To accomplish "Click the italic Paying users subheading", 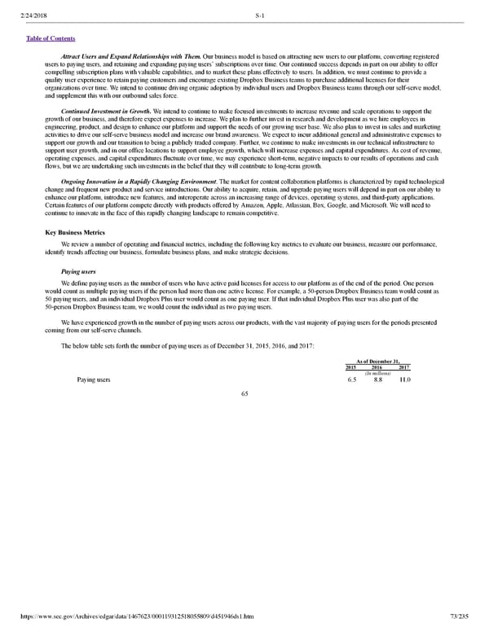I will [78, 271].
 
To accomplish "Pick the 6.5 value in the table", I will [351, 380].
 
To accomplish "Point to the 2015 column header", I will [351, 368].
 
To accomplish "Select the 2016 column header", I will [378, 368].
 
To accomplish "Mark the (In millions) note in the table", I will [378, 374].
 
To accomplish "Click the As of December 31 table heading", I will [378, 362].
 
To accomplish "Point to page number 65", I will [244, 394].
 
